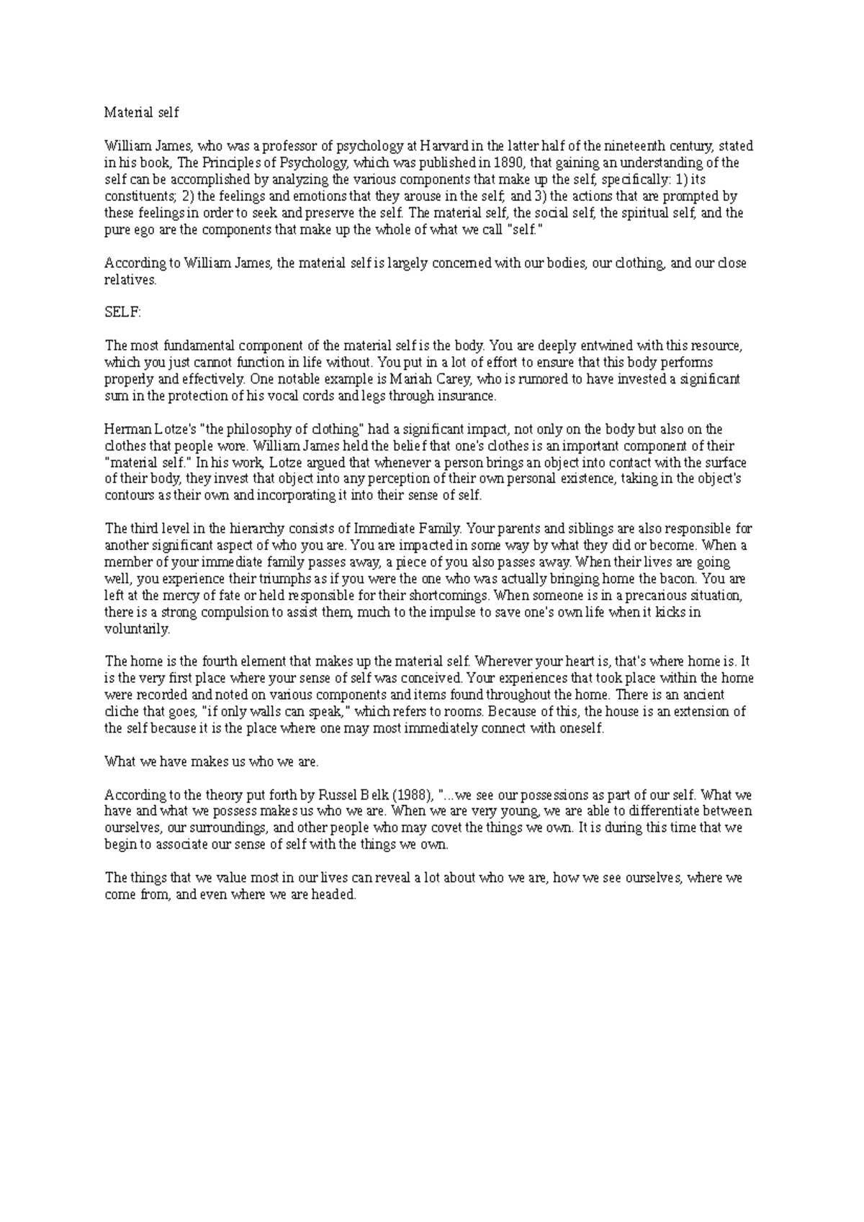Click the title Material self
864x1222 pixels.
142,112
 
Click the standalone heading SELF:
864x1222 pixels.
123,313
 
